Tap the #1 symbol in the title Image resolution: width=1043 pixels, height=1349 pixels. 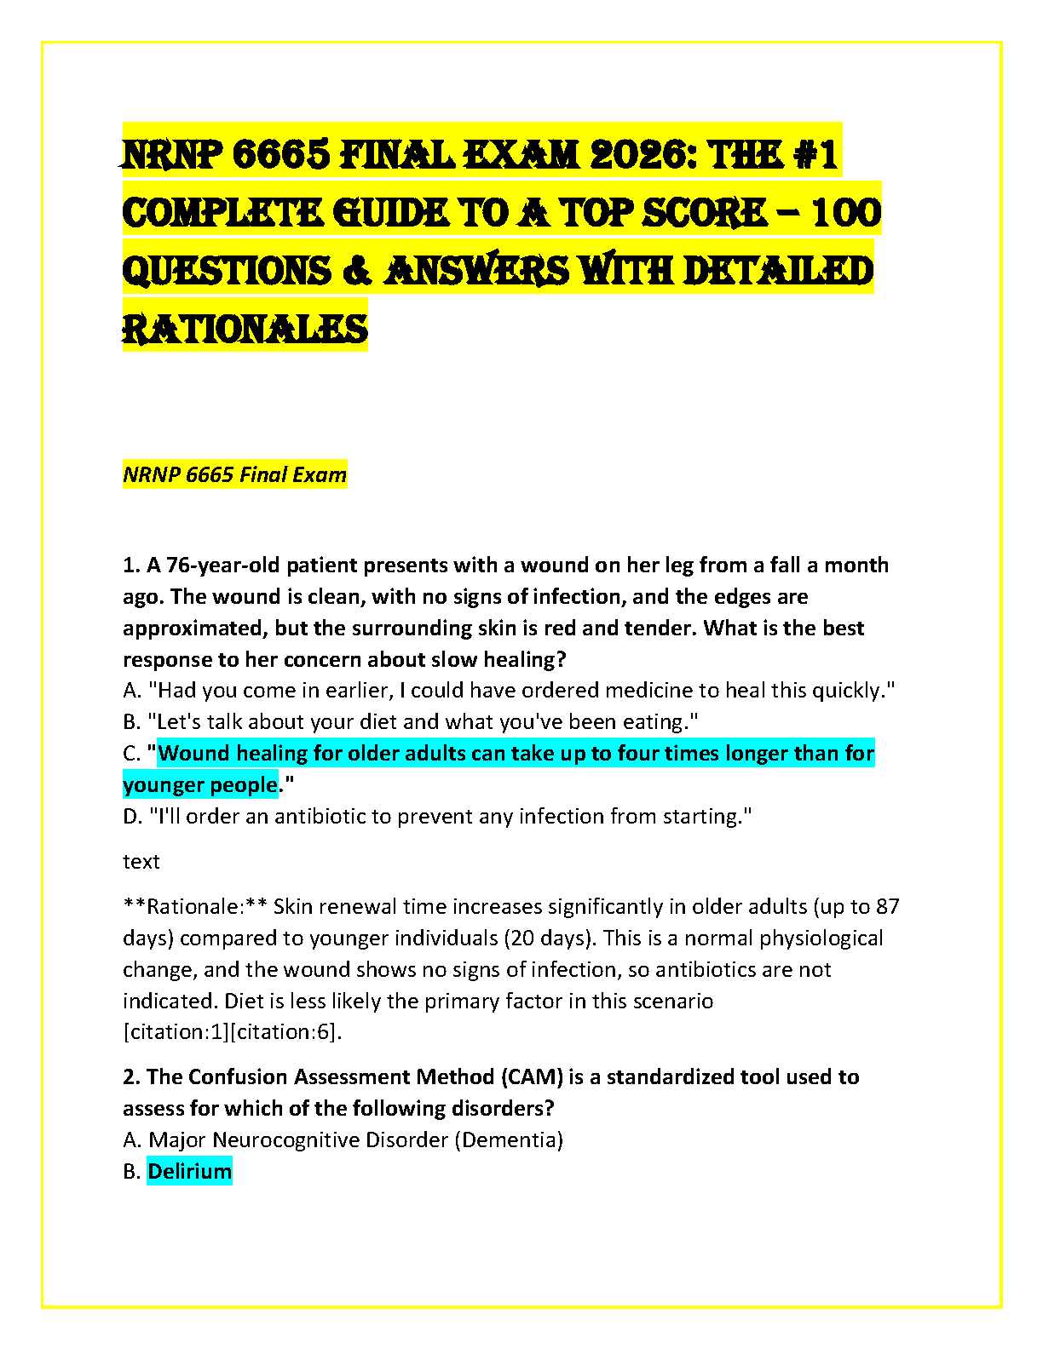812,155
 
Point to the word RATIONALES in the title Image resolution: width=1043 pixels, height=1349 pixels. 245,329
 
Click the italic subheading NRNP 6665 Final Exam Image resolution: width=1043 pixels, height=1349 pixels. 234,474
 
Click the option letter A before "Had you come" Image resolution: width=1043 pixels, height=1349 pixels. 131,690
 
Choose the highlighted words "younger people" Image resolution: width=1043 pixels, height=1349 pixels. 200,784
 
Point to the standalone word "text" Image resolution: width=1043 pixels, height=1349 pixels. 141,861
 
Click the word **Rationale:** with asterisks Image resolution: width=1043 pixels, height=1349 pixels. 195,906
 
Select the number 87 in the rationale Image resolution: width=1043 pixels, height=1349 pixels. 887,906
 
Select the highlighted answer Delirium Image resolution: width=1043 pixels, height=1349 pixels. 189,1171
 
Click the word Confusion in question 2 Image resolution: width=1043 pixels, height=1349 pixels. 237,1076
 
